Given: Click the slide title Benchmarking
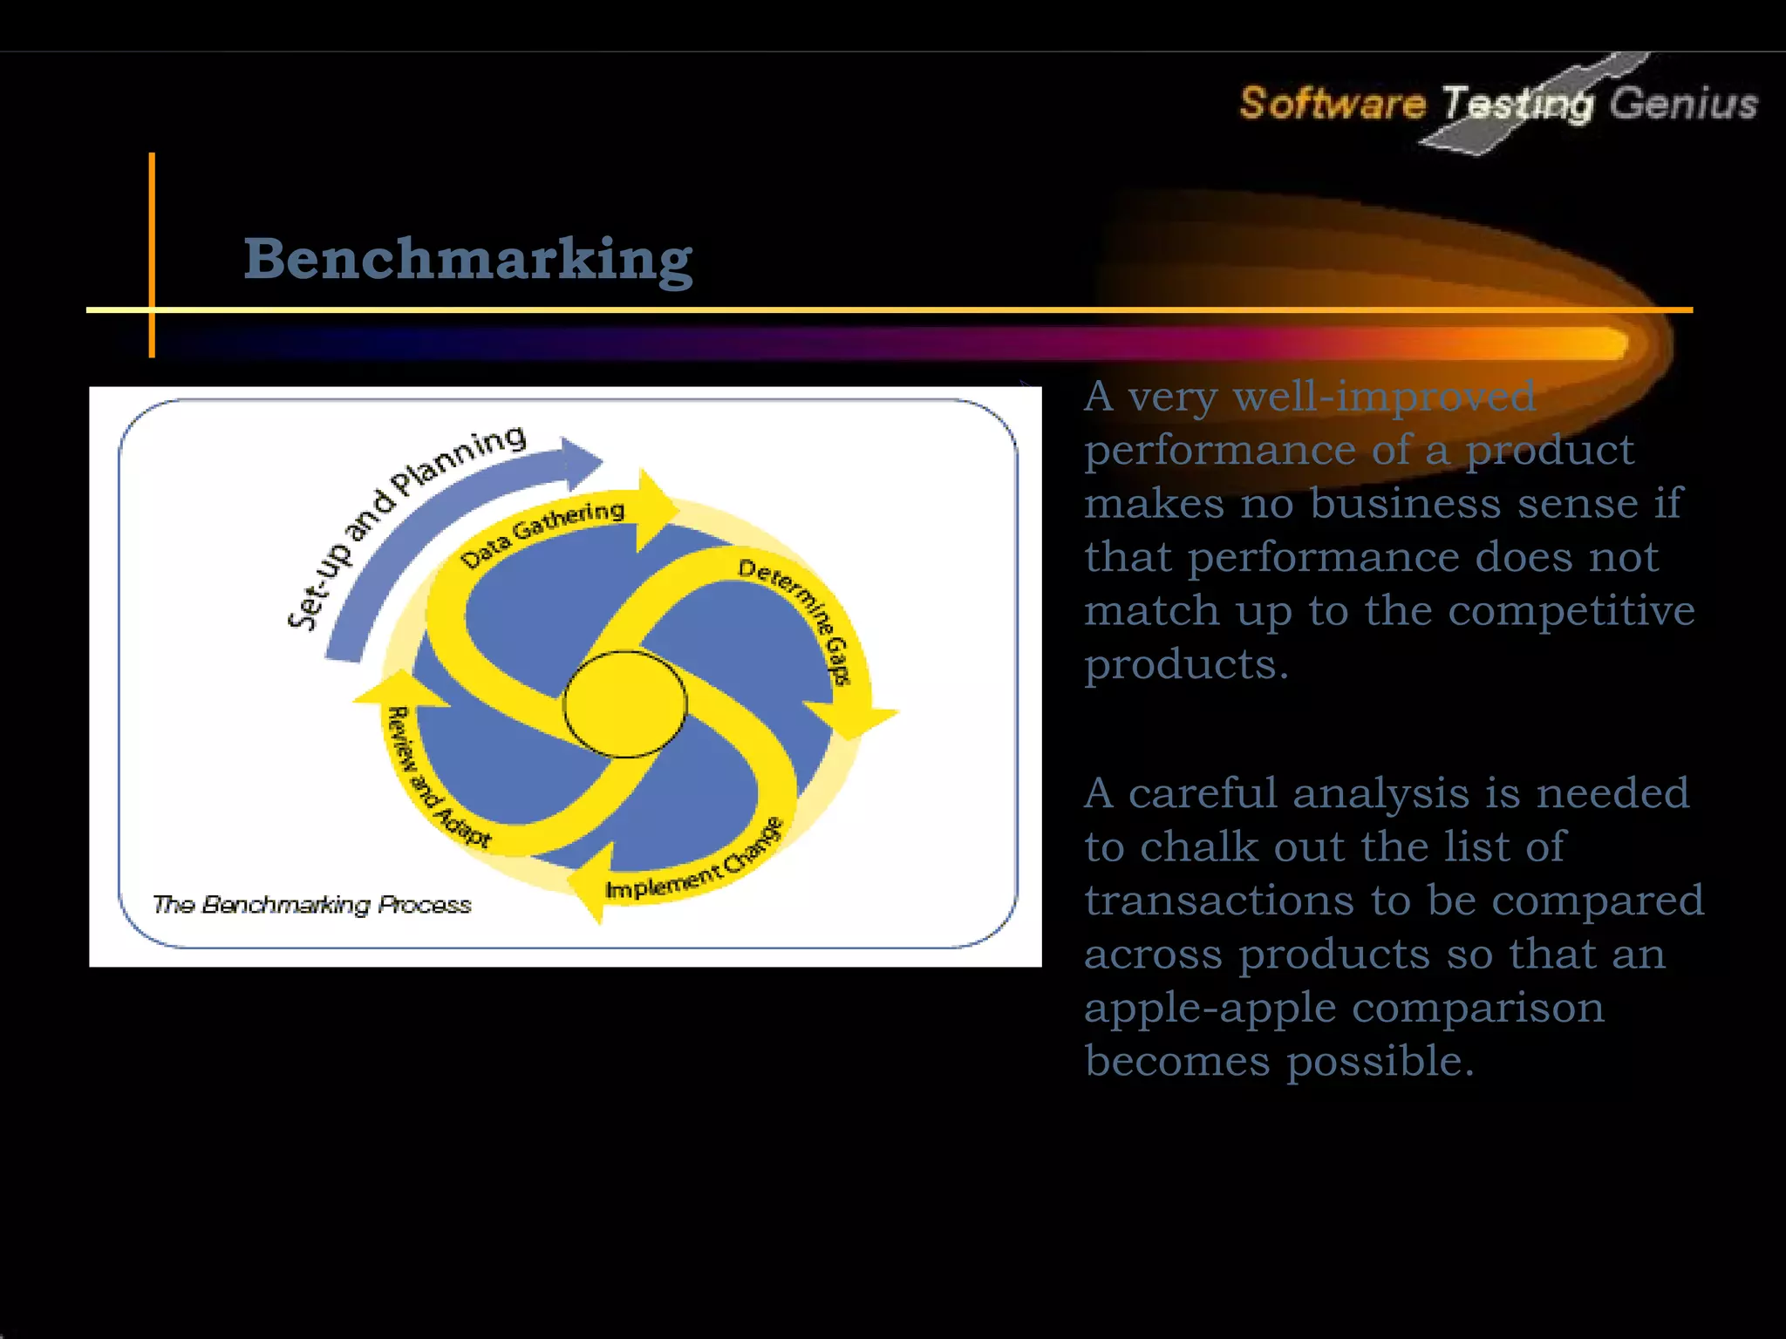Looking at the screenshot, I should tap(467, 259).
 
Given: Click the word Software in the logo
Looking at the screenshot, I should tap(1332, 103).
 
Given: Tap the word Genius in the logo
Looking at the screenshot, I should tap(1683, 104).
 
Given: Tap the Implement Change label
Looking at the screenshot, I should tap(694, 863).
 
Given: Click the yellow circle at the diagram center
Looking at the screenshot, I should tap(624, 703).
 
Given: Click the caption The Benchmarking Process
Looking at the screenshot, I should tap(311, 905).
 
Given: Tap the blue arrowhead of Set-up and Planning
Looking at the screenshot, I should tap(579, 461).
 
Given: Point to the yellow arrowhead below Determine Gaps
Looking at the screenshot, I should tap(858, 718).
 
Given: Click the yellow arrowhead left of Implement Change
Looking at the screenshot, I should tap(590, 890).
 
